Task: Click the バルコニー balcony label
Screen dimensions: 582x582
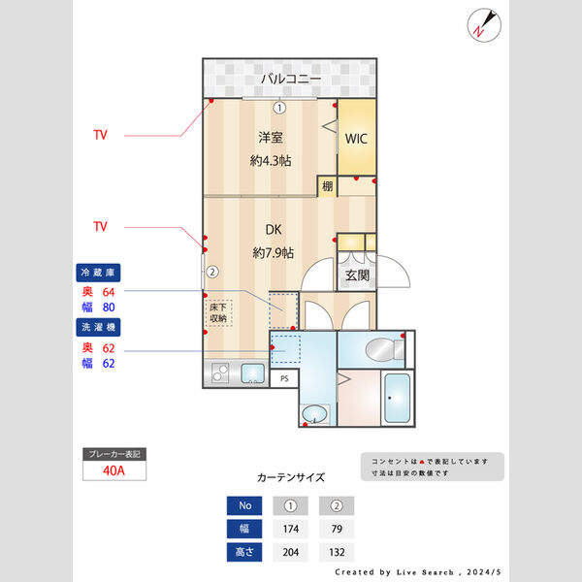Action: pyautogui.click(x=288, y=79)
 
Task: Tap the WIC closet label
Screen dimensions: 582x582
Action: pyautogui.click(x=355, y=138)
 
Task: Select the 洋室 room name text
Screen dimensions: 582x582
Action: pyautogui.click(x=270, y=138)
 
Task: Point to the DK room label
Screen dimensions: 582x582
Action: pyautogui.click(x=273, y=231)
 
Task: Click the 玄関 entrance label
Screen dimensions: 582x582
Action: pyautogui.click(x=356, y=275)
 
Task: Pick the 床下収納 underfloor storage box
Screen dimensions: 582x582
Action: pyautogui.click(x=218, y=311)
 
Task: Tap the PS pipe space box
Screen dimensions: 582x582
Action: pyautogui.click(x=283, y=379)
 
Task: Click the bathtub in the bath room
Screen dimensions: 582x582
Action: pyautogui.click(x=399, y=398)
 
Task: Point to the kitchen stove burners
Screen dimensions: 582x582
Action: pyautogui.click(x=219, y=373)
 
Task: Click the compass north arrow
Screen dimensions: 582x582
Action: pyautogui.click(x=482, y=23)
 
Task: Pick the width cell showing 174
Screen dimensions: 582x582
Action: pyautogui.click(x=288, y=529)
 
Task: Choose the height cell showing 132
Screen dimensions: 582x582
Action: pyautogui.click(x=336, y=552)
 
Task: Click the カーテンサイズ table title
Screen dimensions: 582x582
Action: pyautogui.click(x=290, y=477)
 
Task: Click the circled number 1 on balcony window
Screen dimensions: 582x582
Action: pyautogui.click(x=279, y=108)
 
